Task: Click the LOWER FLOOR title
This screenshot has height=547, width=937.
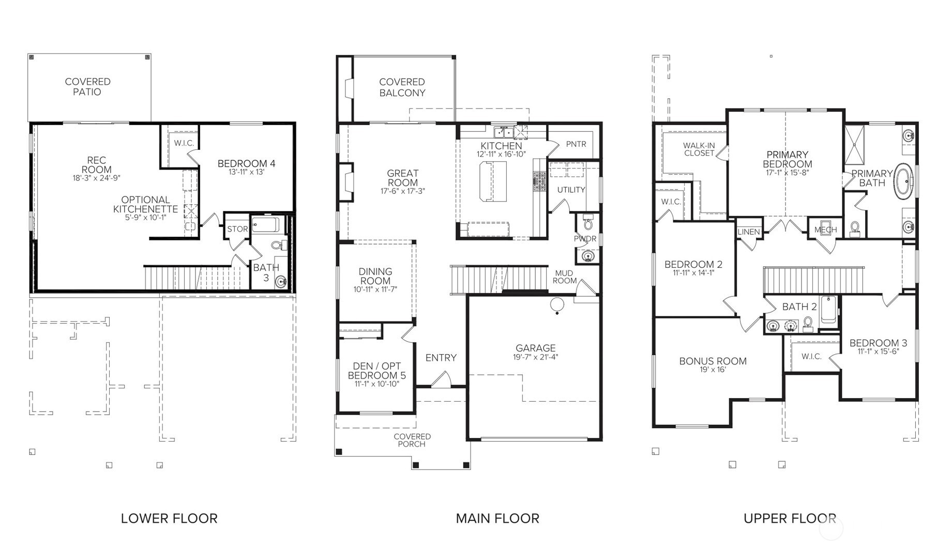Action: coord(169,518)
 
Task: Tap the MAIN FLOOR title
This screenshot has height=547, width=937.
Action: coord(497,518)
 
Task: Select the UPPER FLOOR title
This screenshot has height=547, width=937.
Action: coord(790,518)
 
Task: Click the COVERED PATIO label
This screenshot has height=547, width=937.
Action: coord(87,87)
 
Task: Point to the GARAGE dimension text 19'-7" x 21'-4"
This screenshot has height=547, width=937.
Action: coord(536,357)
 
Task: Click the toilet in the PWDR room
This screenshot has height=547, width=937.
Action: coord(587,222)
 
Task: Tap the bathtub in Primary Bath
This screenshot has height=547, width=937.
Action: coord(904,181)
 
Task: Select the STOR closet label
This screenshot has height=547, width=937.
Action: coord(237,229)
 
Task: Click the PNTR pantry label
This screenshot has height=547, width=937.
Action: coord(576,144)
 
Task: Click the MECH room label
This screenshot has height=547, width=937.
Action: coord(825,230)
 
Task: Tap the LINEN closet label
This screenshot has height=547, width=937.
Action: coord(749,232)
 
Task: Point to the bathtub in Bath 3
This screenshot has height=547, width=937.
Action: coord(266,225)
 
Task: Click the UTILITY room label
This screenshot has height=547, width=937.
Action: coord(571,190)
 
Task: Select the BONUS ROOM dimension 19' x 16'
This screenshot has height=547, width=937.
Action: coord(713,370)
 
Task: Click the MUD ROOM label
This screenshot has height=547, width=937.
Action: coord(564,277)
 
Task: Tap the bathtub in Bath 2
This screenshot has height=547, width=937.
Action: coord(828,310)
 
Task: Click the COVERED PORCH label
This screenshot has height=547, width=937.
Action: coord(412,440)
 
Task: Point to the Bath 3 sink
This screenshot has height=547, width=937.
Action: coord(281,282)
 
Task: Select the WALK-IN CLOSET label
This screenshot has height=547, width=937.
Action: coord(699,149)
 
